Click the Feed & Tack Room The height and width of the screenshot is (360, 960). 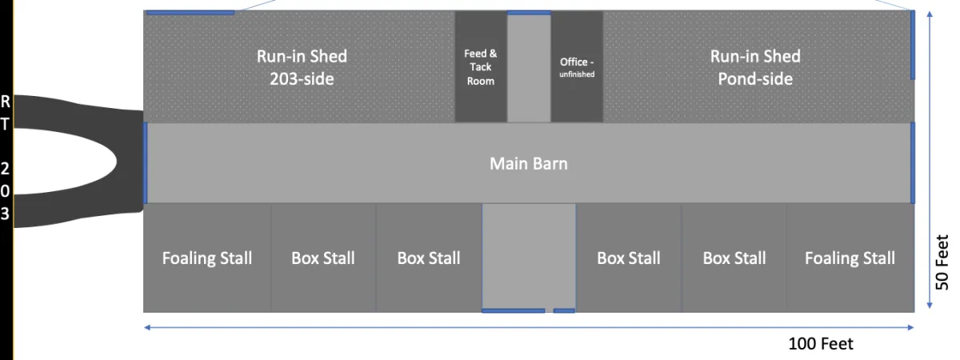point(480,67)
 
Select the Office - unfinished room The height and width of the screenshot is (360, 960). point(577,67)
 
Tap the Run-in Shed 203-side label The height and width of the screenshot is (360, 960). point(302,67)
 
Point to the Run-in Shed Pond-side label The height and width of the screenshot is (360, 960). point(755,67)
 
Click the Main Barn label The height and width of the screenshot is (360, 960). point(529,163)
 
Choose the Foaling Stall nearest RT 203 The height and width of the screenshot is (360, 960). point(207,258)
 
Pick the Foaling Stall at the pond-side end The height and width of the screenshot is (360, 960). point(850,258)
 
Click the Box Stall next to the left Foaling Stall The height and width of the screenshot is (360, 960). point(323,258)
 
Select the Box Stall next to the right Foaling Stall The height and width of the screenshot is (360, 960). point(734,258)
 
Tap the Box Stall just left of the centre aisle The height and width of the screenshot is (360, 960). point(429,258)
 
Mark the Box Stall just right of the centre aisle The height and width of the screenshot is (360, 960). point(629,258)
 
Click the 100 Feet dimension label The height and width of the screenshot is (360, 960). point(821,344)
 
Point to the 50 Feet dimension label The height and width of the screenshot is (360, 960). point(942,262)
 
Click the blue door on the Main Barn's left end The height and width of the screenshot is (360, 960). point(145,163)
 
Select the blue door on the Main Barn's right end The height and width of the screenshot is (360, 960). point(913,163)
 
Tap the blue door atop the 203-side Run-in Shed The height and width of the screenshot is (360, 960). point(190,12)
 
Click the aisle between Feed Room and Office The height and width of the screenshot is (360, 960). point(529,68)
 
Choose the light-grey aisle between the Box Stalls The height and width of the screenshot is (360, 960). point(529,256)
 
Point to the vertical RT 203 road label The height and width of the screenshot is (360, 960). point(6,157)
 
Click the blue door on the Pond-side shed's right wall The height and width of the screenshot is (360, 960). point(913,46)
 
